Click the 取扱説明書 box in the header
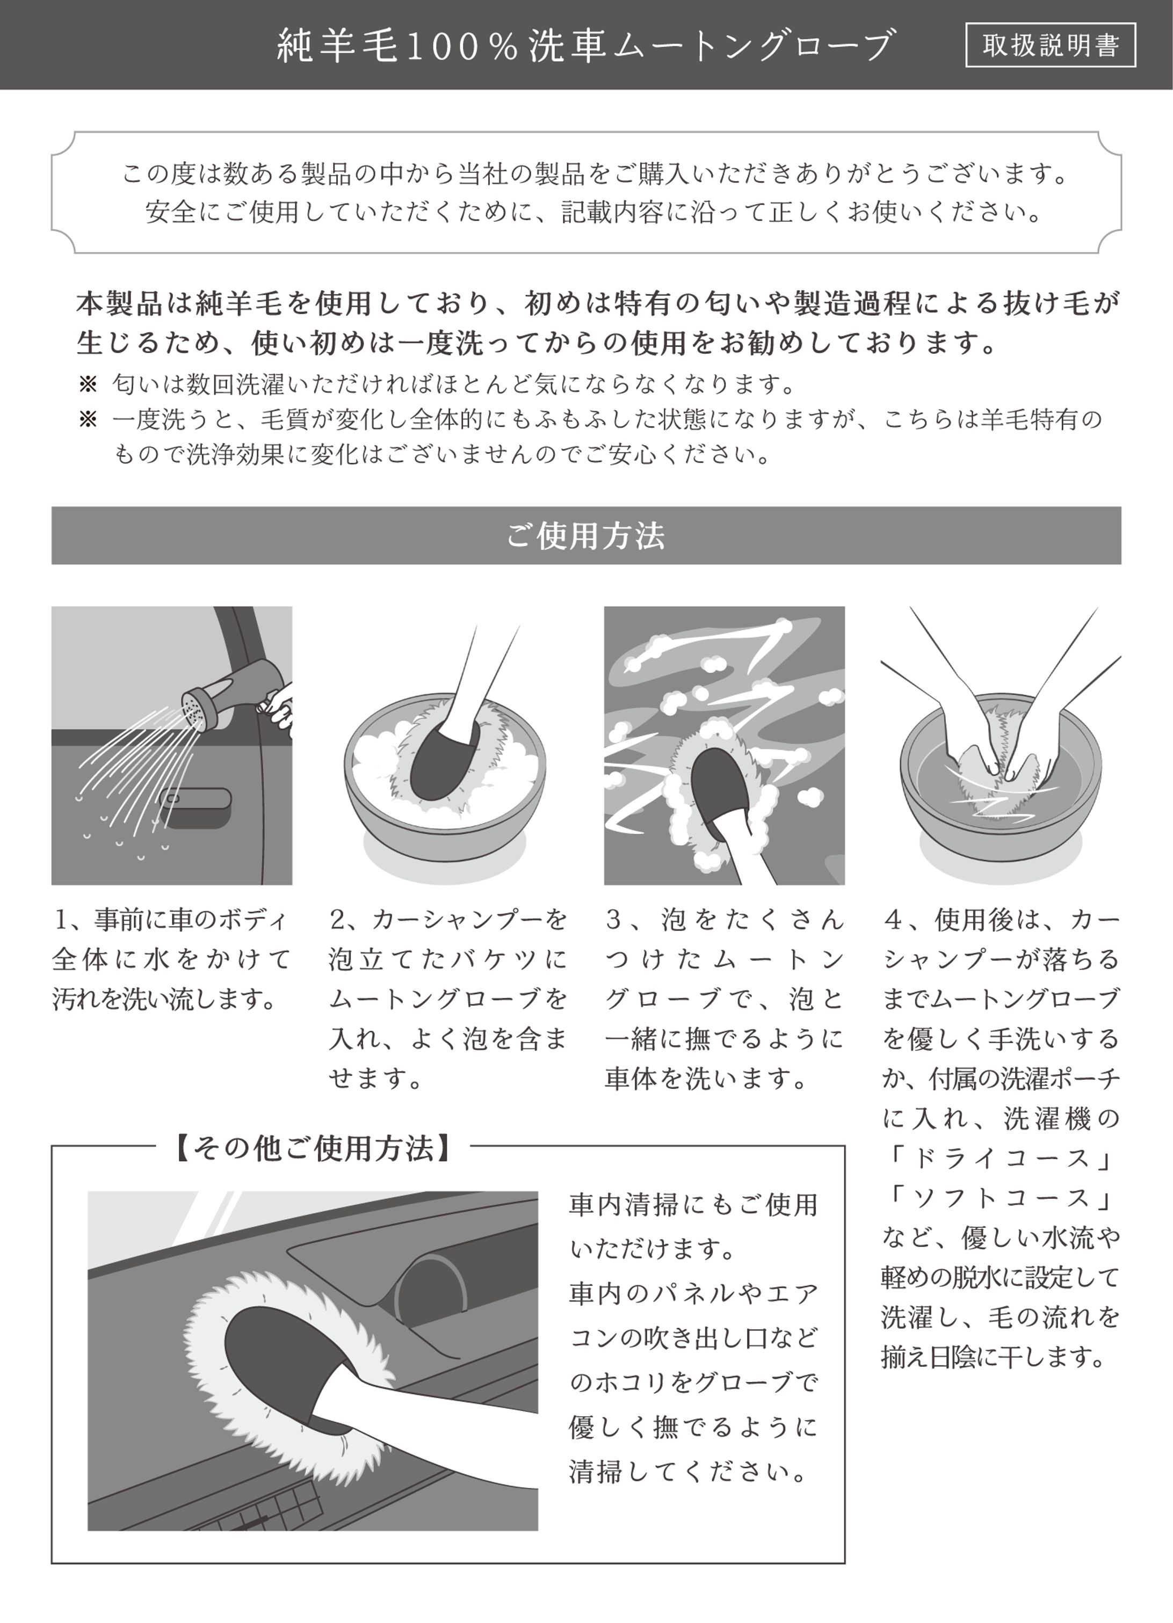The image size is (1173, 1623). pyautogui.click(x=1050, y=45)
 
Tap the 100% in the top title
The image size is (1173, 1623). pyautogui.click(x=463, y=45)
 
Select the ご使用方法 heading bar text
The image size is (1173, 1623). pyautogui.click(x=586, y=535)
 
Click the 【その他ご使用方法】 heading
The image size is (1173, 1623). pyautogui.click(x=314, y=1148)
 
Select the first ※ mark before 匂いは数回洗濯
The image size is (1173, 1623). pyautogui.click(x=88, y=385)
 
